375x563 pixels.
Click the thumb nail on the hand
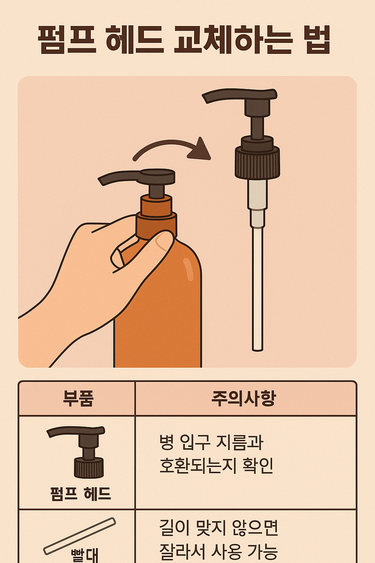tap(163, 242)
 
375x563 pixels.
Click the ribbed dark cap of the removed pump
tap(257, 163)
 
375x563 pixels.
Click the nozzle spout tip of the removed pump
tap(207, 98)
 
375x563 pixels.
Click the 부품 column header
tap(78, 398)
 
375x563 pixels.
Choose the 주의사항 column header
tap(244, 398)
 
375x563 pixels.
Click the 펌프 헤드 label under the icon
tap(81, 493)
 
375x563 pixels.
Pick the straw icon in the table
tap(79, 536)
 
